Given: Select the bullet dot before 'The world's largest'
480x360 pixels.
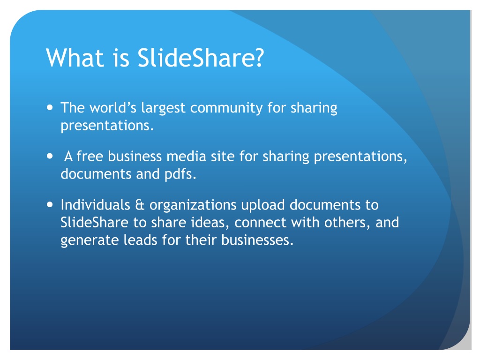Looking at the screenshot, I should (50, 107).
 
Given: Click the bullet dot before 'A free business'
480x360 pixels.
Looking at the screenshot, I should (50, 156).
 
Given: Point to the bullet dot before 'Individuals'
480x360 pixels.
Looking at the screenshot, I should (50, 205).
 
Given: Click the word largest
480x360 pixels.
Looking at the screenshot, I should (162, 109).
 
